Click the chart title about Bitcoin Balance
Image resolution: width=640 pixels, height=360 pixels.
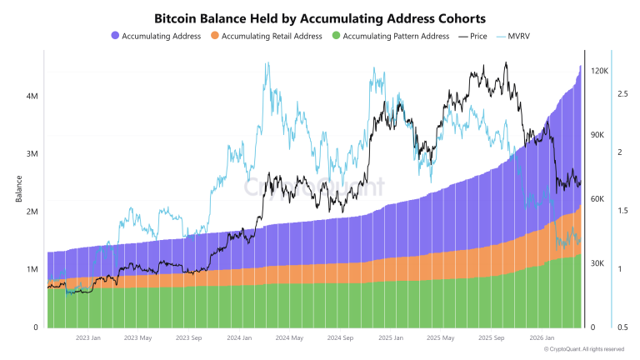(320, 17)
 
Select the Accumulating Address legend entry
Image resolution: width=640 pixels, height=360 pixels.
(161, 37)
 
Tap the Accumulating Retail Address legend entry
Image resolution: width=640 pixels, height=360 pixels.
(273, 37)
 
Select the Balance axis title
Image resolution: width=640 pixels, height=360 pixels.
(17, 191)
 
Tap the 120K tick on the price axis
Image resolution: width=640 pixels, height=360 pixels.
(600, 72)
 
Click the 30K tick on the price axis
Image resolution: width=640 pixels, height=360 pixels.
(597, 263)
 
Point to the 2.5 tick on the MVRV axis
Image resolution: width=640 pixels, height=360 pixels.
(622, 95)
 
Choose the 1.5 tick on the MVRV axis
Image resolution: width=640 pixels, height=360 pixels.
(622, 212)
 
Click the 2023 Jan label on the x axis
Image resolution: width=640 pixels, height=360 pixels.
(88, 338)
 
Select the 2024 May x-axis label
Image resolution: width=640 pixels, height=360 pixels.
(289, 338)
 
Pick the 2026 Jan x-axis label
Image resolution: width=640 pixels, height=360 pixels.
(542, 338)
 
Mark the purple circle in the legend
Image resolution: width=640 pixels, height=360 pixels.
(115, 37)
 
